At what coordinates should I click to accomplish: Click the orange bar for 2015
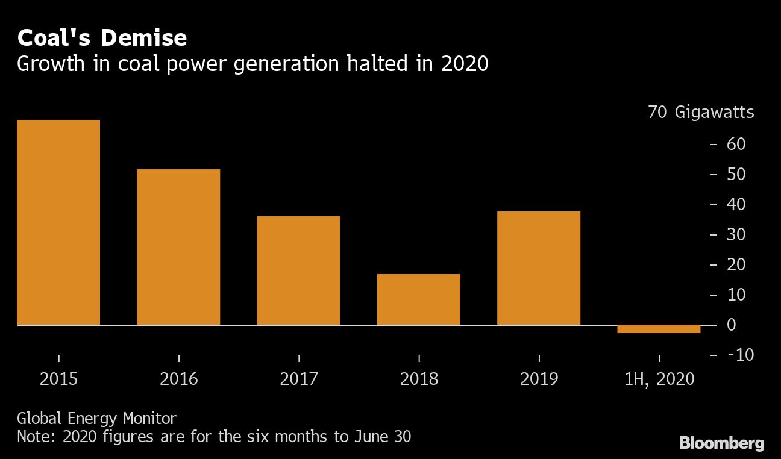tap(58, 222)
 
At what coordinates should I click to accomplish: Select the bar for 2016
tap(178, 247)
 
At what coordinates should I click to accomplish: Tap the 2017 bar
tap(298, 270)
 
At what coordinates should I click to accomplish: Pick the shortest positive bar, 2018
tap(418, 299)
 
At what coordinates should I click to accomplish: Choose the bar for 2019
tap(538, 268)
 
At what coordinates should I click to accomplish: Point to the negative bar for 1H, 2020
tap(659, 329)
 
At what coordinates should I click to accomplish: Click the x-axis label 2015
tap(58, 379)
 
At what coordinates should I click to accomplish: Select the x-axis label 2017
tap(299, 379)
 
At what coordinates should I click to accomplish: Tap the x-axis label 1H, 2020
tap(659, 379)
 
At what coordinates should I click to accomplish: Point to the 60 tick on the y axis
tap(736, 144)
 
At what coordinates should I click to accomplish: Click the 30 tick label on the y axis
tap(736, 234)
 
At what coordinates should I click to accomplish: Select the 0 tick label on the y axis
tap(732, 325)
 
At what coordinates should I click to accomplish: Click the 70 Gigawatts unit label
tap(701, 113)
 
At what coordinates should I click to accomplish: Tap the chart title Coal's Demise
tap(102, 38)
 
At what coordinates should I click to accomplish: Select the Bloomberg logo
tap(721, 444)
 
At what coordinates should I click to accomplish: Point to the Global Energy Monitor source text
tap(96, 418)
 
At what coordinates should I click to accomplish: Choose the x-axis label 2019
tap(539, 379)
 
